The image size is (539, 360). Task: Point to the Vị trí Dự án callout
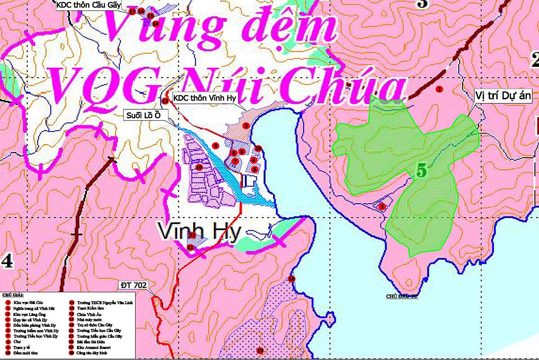503,95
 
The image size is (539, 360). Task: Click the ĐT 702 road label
134,285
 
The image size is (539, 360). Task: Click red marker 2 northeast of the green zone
439,89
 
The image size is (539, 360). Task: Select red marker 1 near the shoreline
382,207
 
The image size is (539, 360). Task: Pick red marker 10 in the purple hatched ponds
199,167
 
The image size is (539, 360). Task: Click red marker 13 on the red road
165,101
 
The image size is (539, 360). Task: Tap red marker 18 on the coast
292,279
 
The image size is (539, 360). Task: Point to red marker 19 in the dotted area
259,351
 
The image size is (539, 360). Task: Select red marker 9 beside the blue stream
216,146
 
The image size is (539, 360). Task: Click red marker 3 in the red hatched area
246,126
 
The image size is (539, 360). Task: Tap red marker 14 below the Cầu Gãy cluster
155,24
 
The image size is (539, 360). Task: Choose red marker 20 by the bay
258,149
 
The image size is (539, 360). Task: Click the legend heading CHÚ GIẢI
12,295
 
